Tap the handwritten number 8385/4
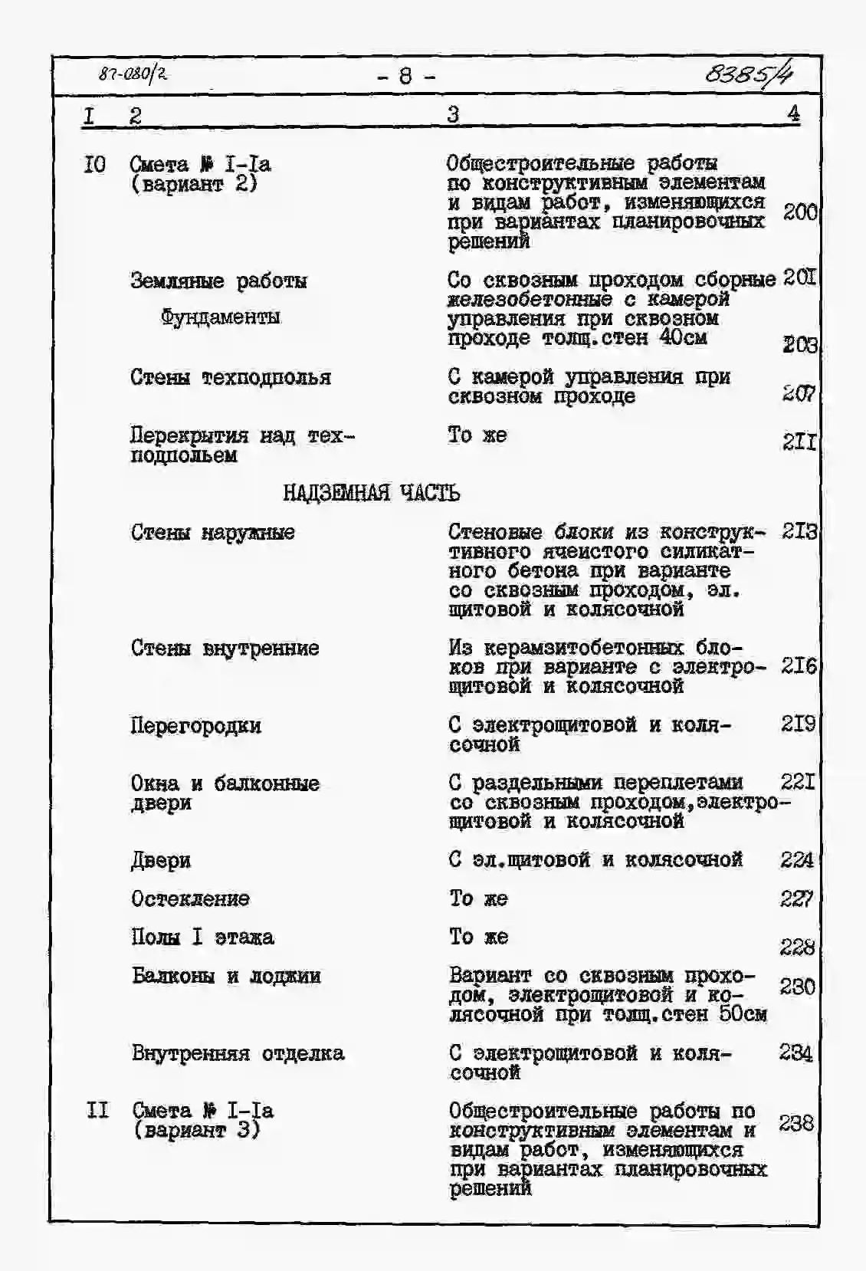point(748,74)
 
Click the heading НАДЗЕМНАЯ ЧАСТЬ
point(371,492)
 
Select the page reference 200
point(799,212)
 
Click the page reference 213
point(799,530)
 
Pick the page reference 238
point(795,1123)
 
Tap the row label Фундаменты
point(220,317)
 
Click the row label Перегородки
point(195,725)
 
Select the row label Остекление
point(190,898)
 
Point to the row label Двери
point(160,860)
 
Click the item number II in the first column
point(97,1110)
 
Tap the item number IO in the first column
point(95,164)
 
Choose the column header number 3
point(453,115)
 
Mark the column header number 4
point(792,113)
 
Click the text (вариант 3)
point(195,1130)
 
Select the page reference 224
point(796,860)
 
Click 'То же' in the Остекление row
point(478,898)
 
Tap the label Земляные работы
point(218,281)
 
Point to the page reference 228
point(796,948)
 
